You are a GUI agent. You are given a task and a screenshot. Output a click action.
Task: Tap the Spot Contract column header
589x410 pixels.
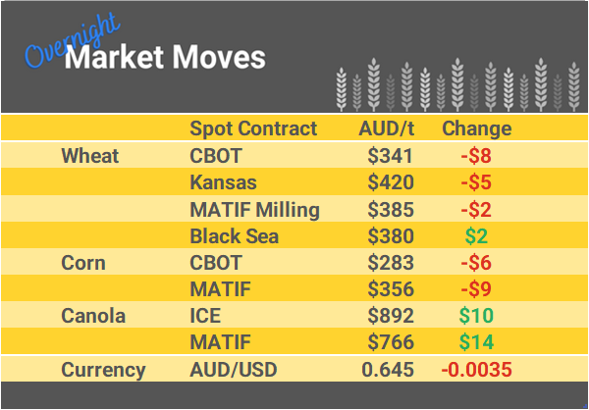[x=253, y=128]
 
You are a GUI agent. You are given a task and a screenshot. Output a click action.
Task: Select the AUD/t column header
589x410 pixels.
[x=387, y=128]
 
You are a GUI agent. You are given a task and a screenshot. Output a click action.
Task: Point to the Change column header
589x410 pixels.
[x=476, y=128]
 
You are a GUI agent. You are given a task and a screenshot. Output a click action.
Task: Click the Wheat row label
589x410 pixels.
[x=89, y=156]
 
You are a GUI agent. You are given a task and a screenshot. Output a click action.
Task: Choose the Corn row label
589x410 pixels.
[x=83, y=263]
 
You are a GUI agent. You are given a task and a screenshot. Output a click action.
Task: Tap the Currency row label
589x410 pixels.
[x=103, y=370]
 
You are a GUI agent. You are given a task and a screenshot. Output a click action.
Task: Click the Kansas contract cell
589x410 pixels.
[x=223, y=182]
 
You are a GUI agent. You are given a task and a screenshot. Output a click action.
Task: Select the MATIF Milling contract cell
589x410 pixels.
[x=254, y=209]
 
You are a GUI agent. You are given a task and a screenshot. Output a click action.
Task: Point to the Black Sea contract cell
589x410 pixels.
[x=234, y=236]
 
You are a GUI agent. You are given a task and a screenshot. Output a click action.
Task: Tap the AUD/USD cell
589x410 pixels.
[x=234, y=370]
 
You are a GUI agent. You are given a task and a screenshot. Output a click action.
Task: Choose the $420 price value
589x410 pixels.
[x=390, y=182]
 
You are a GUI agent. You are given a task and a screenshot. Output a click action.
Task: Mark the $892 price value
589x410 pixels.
[x=390, y=317]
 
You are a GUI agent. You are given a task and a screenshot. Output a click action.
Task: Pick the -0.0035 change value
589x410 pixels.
[x=476, y=370]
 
